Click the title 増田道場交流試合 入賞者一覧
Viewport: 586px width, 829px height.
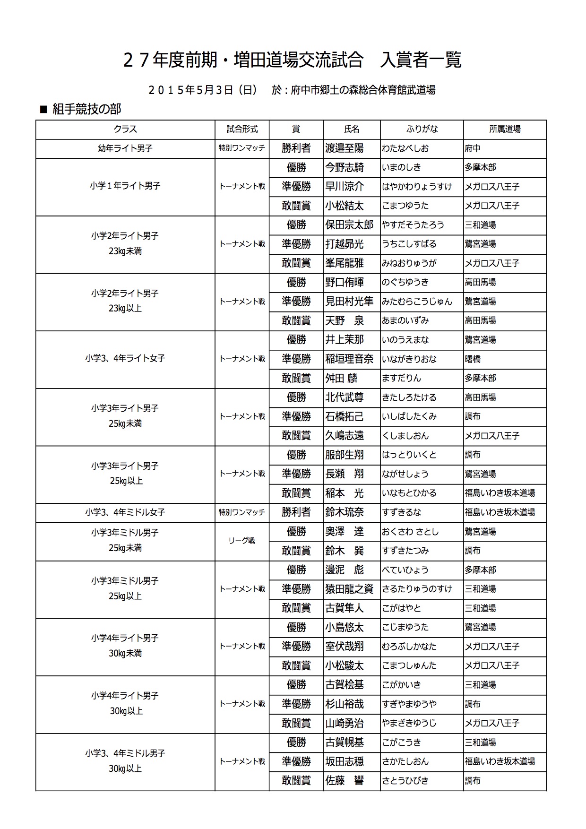point(292,60)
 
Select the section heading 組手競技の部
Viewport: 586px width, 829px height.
point(86,109)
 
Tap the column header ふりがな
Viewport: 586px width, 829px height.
point(422,129)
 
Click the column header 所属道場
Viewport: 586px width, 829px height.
point(505,129)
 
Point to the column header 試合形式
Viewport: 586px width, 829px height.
point(242,129)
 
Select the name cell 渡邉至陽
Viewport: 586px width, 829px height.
point(345,148)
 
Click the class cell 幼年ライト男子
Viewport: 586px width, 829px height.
point(125,148)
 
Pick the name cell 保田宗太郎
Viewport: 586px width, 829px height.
point(349,225)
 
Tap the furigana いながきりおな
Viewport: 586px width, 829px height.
point(409,359)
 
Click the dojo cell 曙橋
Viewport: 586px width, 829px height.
point(473,359)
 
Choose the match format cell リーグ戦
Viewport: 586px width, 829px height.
point(242,541)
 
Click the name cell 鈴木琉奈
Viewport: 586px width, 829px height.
point(345,512)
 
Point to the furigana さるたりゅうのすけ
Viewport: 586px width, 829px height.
point(417,589)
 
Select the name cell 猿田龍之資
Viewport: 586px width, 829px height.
point(349,589)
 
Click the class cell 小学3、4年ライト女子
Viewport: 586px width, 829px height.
point(125,359)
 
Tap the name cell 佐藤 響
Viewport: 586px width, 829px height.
point(345,781)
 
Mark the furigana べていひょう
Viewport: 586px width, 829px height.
point(405,570)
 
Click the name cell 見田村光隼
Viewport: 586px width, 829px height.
point(349,302)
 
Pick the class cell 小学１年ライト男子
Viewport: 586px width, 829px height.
point(125,186)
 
